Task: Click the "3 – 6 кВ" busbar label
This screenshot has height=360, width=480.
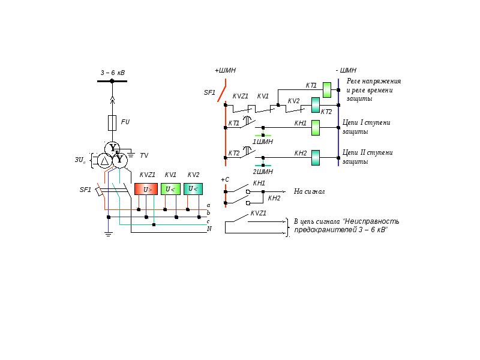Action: click(x=112, y=73)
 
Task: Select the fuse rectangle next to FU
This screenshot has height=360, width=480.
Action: click(x=112, y=122)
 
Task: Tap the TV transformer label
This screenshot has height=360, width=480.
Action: click(x=144, y=155)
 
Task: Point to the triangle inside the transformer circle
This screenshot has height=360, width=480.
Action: click(x=105, y=160)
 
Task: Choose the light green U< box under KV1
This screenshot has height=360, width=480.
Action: click(x=170, y=189)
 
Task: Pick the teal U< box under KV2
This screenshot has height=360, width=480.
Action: click(x=193, y=189)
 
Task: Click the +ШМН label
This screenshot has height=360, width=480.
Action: click(x=225, y=70)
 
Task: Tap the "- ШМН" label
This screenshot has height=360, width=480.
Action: click(x=346, y=70)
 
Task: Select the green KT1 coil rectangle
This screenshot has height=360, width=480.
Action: click(x=327, y=90)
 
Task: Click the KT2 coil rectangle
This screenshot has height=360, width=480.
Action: click(x=316, y=105)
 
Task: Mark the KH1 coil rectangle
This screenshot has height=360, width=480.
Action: click(x=316, y=128)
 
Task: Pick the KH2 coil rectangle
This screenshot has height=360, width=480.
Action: click(x=316, y=158)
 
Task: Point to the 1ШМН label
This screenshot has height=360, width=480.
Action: click(x=262, y=142)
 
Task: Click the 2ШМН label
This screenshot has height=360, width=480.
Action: click(x=262, y=172)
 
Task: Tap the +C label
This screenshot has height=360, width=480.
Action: click(x=225, y=179)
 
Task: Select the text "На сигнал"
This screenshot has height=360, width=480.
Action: click(x=309, y=192)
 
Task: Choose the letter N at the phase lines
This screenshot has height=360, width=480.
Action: click(x=209, y=229)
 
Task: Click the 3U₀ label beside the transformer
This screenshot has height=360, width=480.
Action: click(x=80, y=160)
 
